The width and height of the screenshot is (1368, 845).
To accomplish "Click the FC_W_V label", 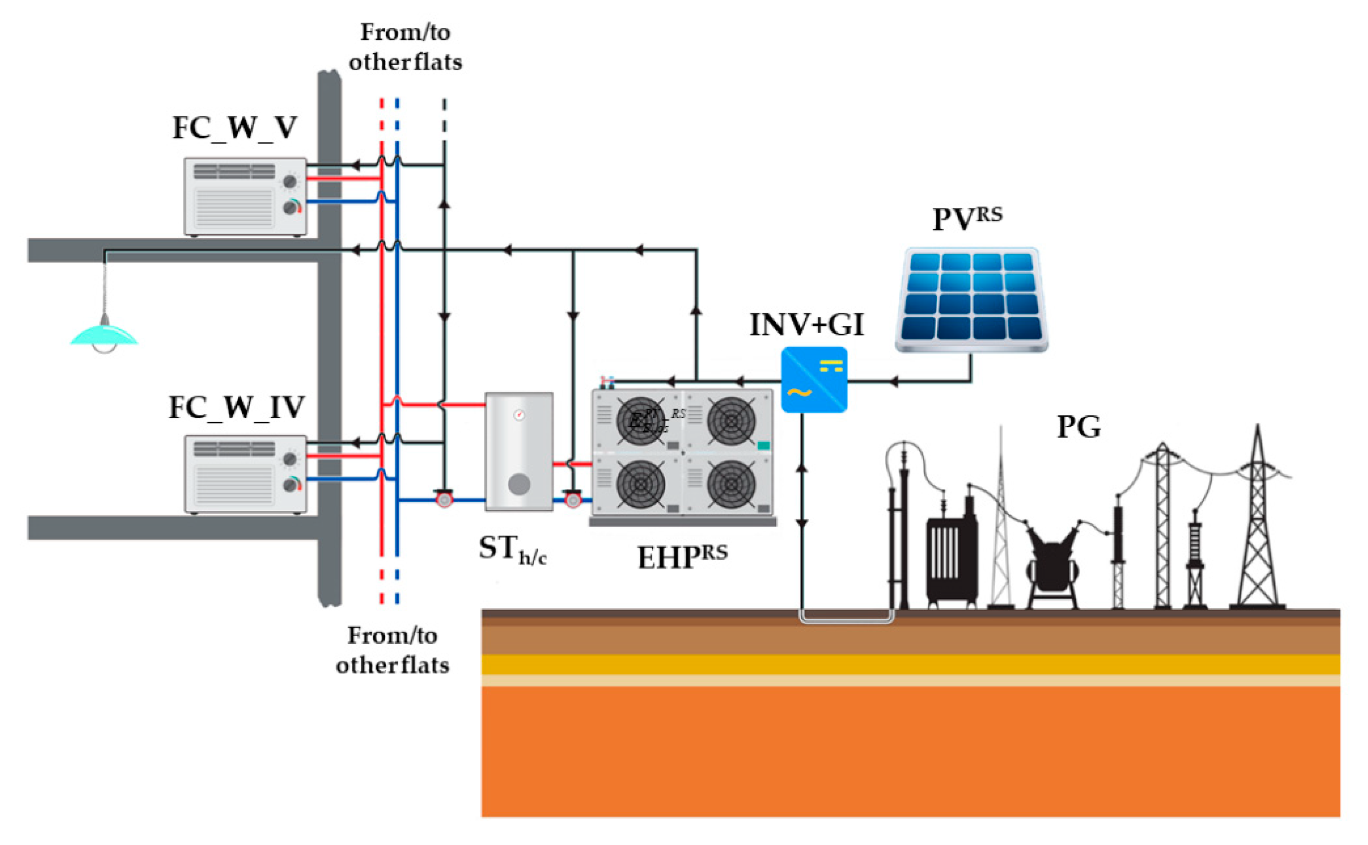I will point(235,129).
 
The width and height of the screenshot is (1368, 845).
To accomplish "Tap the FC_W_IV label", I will point(236,408).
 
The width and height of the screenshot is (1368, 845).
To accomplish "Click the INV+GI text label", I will point(806,325).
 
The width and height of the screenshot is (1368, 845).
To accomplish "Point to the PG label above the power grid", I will point(1078,427).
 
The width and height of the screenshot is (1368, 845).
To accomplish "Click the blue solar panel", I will point(972,300).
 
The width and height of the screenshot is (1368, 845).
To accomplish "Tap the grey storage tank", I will point(519,452).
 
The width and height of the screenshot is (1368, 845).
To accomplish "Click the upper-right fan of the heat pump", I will point(731,421).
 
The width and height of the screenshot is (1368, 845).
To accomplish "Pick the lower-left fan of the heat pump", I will point(640,484).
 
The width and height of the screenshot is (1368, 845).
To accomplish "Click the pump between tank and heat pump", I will point(573,499).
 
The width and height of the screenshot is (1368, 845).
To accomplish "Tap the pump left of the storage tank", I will point(444,499).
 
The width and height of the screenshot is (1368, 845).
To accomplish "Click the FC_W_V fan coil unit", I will point(245,197).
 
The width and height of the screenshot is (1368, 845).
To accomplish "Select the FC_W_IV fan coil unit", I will point(245,474).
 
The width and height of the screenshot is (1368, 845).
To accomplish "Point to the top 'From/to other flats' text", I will point(405,47).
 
